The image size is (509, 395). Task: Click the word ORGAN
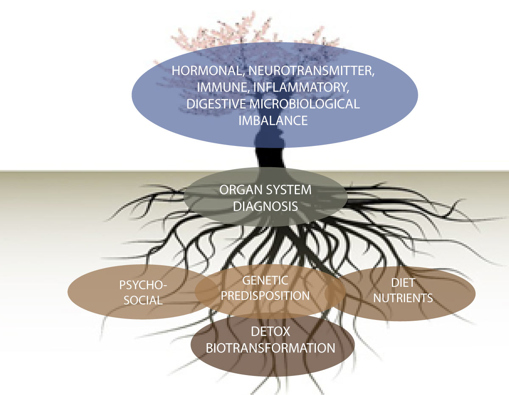[x=240, y=190]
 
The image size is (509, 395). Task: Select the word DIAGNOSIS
[x=266, y=207]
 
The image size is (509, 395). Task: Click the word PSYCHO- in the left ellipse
[x=137, y=284]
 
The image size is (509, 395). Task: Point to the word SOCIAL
[x=141, y=300]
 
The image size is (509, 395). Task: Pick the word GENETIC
[x=265, y=280]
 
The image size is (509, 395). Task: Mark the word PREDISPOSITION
[x=266, y=295]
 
